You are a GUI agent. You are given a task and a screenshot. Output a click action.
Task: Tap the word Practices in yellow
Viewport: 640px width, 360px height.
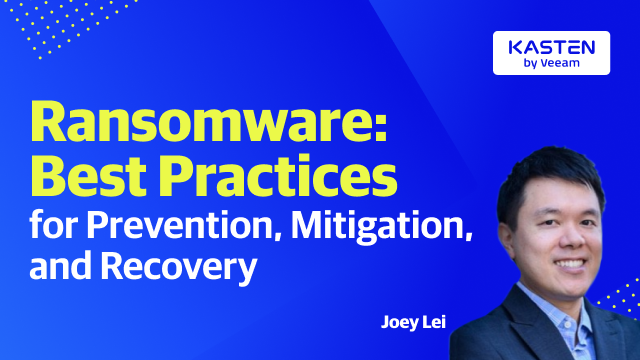tap(289, 180)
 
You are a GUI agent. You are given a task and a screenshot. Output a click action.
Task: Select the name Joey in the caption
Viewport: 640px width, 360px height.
tap(398, 322)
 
